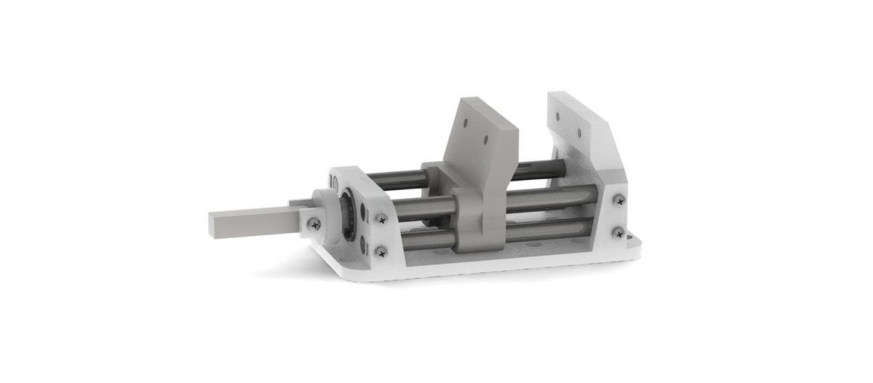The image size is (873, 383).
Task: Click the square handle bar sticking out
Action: (247, 222)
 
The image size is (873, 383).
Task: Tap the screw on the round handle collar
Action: (314, 224)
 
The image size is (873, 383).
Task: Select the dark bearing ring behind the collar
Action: (348, 216)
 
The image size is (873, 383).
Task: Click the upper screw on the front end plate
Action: (380, 218)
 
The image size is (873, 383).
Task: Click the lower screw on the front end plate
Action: (380, 251)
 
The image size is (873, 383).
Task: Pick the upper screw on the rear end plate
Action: (618, 200)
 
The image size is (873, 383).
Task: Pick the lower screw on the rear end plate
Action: (618, 232)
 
